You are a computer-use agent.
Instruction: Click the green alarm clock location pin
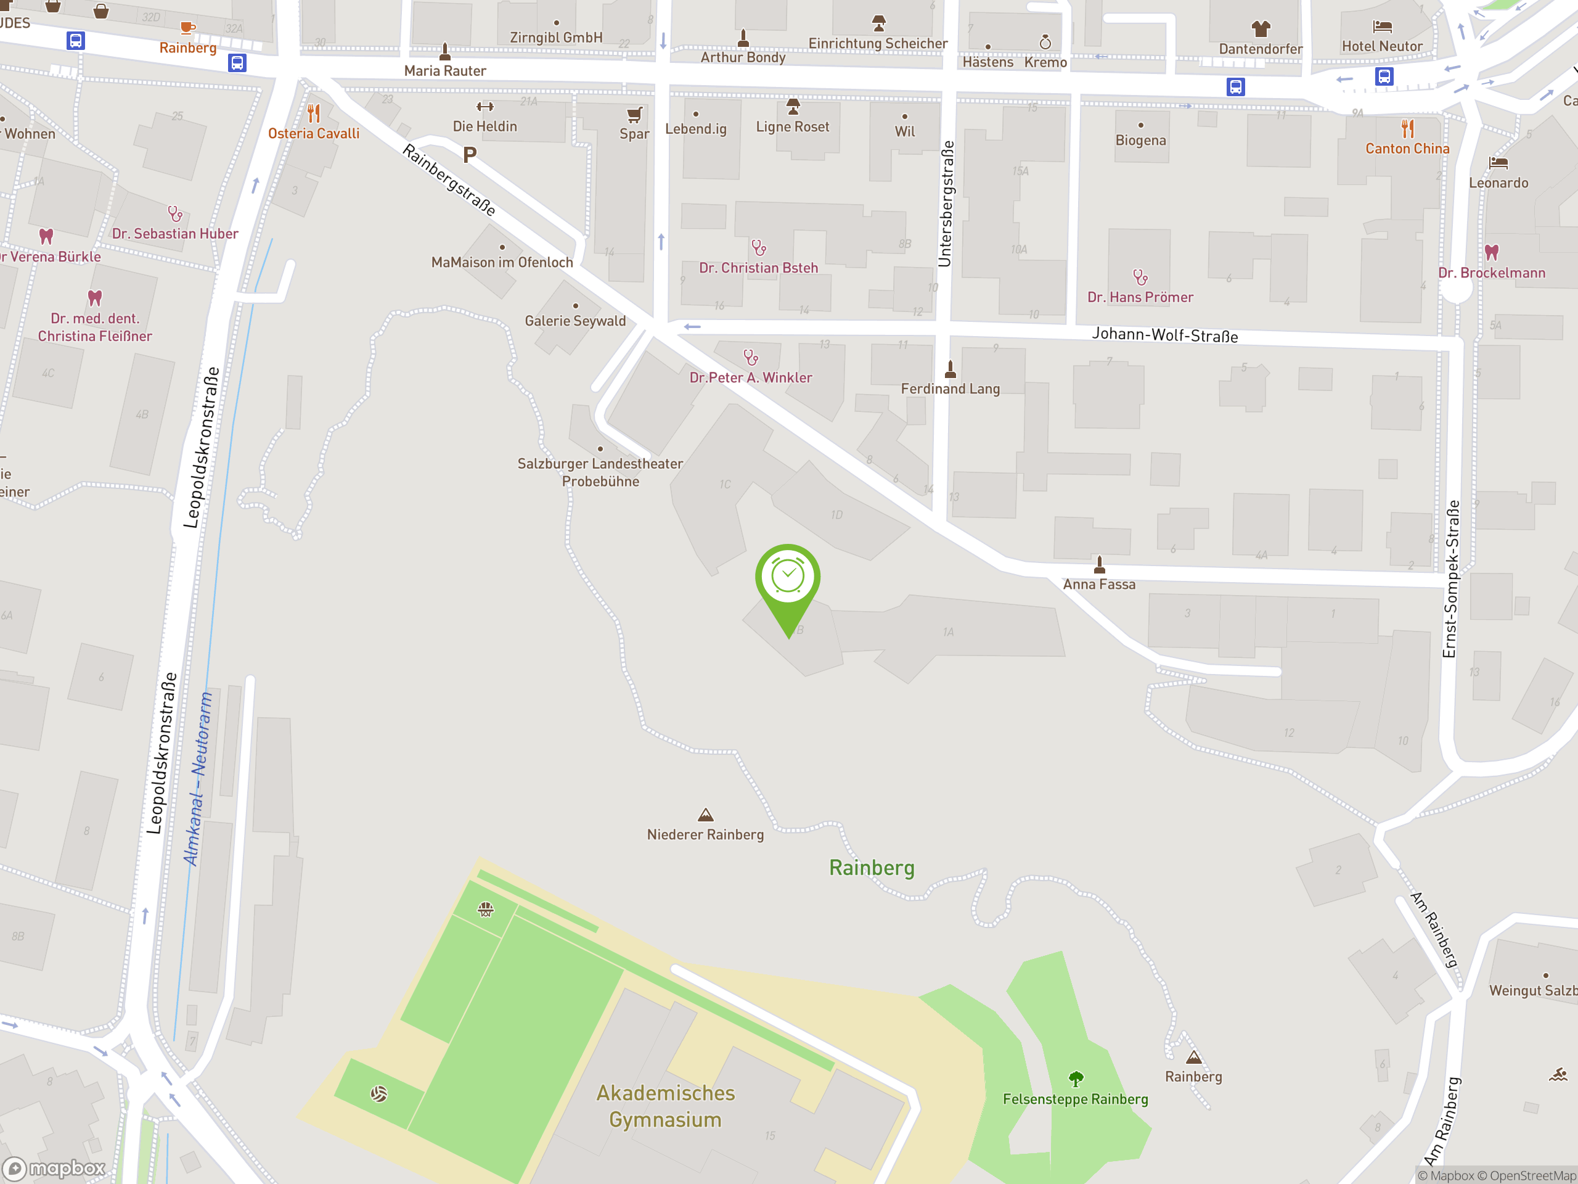[788, 578]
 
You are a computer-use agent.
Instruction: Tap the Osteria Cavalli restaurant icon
[314, 113]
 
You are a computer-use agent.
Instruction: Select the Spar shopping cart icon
[634, 115]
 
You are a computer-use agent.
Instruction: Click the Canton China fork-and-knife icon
[1407, 129]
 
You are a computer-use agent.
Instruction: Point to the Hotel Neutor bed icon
[1382, 27]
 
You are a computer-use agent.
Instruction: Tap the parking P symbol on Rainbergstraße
[470, 154]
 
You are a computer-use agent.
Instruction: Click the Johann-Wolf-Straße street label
[1164, 335]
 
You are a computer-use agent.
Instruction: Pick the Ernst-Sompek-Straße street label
[1451, 578]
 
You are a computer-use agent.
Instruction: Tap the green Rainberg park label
[871, 868]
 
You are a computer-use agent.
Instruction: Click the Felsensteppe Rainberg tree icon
[1076, 1078]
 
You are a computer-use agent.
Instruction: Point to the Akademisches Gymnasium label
[665, 1106]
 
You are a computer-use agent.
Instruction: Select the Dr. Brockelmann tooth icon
[1492, 252]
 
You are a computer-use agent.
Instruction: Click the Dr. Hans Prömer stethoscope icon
[1140, 277]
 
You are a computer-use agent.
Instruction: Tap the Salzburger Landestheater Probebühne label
[600, 472]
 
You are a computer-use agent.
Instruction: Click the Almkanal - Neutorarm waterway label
[198, 779]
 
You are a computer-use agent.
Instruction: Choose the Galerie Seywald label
[575, 321]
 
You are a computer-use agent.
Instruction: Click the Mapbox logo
[54, 1169]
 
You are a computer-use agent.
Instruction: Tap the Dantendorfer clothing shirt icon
[1261, 28]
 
